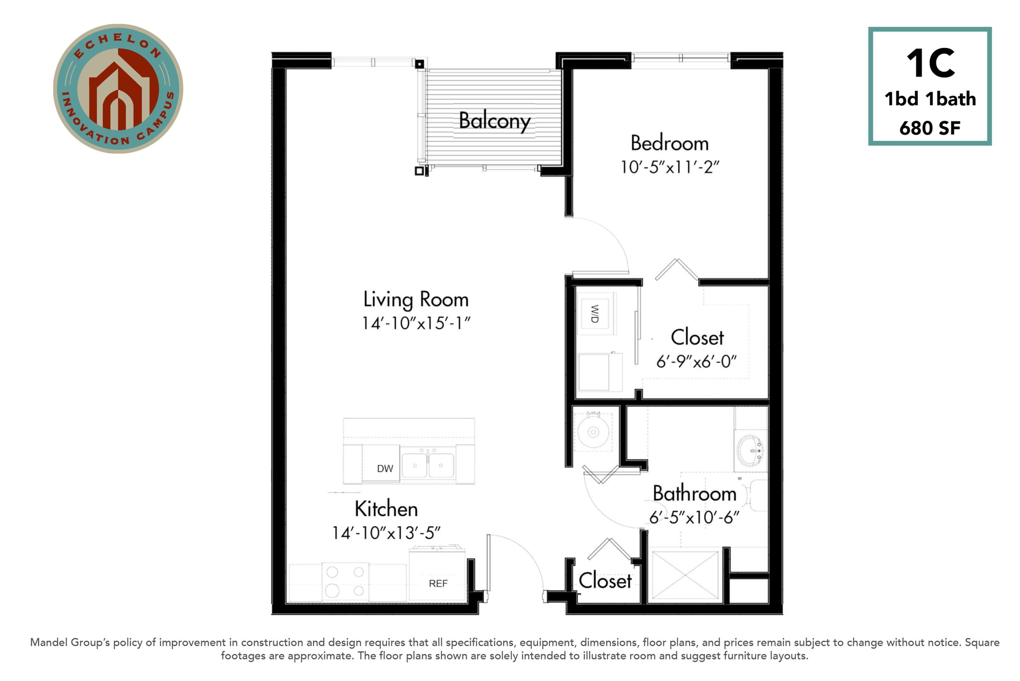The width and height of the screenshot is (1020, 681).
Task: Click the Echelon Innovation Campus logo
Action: click(118, 89)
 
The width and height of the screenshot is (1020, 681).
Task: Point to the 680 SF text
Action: click(930, 128)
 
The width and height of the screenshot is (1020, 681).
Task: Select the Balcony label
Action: click(494, 121)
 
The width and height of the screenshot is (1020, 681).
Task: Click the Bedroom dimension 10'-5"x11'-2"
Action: click(670, 167)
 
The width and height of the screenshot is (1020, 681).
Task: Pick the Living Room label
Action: click(416, 300)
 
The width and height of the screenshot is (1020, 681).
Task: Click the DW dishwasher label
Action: click(385, 468)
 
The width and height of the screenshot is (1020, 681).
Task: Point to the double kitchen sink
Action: click(428, 465)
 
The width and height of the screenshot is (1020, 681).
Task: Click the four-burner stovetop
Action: click(345, 582)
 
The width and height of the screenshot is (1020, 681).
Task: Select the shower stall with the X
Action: click(685, 576)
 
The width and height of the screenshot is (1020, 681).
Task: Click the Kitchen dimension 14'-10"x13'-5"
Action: click(386, 533)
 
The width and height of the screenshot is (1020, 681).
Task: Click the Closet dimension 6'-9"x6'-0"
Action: click(696, 361)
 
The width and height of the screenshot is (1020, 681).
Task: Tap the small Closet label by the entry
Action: click(605, 581)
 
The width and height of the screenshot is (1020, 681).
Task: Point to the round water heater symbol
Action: click(593, 432)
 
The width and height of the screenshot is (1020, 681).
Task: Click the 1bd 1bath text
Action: click(930, 99)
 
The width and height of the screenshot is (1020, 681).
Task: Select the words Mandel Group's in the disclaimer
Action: click(70, 642)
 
